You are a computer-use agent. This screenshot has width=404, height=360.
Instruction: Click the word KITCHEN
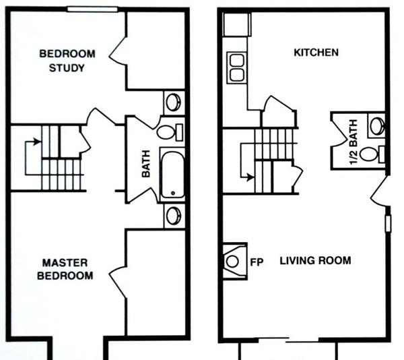coord(316,53)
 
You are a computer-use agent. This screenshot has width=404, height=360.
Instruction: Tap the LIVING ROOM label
coord(315,260)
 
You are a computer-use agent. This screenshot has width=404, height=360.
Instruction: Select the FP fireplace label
coord(257,262)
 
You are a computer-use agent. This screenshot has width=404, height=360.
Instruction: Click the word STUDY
coord(67,68)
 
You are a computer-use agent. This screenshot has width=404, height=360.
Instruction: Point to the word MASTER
coord(65,263)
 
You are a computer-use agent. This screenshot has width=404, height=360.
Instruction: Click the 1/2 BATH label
coord(353,142)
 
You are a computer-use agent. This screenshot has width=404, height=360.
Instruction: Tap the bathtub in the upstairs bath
coord(172,175)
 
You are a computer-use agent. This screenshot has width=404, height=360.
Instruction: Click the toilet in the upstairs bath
coord(170,131)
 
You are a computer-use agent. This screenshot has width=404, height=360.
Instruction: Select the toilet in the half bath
coord(372,154)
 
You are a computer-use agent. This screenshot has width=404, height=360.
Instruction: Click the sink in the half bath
coord(377,125)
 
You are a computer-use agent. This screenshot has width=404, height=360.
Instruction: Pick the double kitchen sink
coord(237,67)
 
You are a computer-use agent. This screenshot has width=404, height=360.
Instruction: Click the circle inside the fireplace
coord(232,262)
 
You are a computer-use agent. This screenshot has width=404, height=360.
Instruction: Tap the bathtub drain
coord(173,193)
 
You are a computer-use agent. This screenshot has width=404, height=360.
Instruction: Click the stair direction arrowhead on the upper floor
coord(37,142)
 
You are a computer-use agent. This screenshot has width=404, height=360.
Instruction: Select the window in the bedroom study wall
coord(92,9)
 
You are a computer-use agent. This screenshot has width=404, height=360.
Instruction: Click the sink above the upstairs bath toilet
coord(174,102)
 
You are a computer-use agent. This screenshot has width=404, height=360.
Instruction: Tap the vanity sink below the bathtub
coord(174,216)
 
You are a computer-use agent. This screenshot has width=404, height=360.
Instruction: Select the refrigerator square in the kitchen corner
coord(236,24)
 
